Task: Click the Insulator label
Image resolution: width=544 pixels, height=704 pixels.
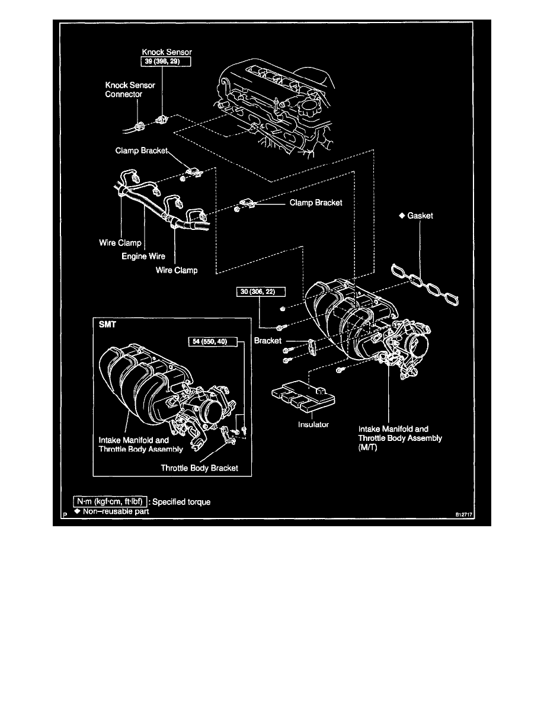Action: click(313, 424)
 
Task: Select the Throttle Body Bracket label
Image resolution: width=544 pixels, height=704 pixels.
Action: click(199, 468)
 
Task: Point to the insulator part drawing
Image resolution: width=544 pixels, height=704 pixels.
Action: click(299, 397)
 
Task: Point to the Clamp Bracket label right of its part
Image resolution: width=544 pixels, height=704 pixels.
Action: click(316, 203)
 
